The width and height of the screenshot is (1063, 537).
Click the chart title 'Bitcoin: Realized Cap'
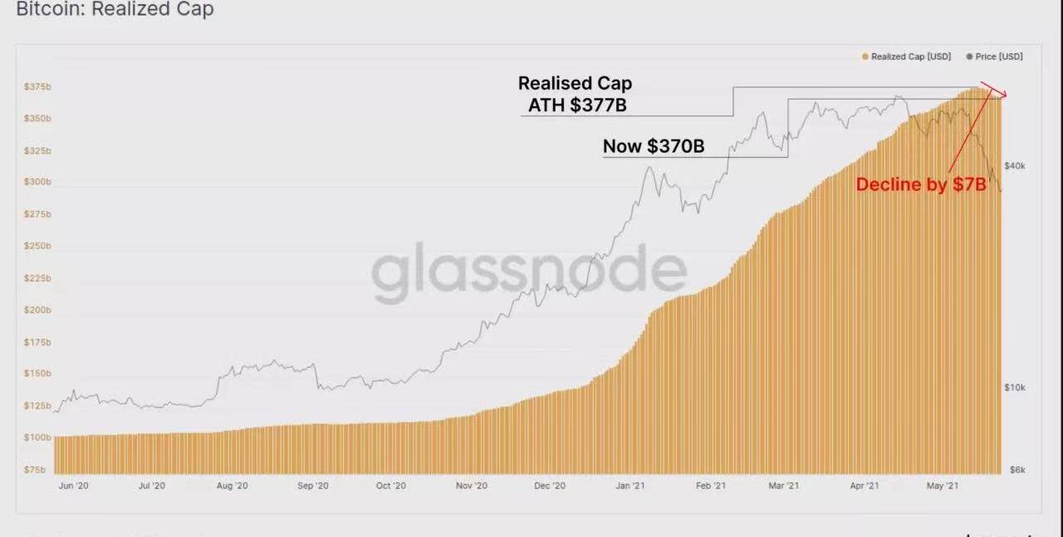tap(115, 10)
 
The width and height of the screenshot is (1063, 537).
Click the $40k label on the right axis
tap(1015, 166)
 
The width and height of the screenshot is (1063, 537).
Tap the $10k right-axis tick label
tap(1015, 388)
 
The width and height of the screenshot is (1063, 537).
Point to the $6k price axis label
tap(1016, 470)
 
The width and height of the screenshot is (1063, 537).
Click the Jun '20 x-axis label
tap(75, 486)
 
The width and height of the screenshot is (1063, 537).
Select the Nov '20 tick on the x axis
tap(471, 486)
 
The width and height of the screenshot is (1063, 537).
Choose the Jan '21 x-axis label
tap(631, 486)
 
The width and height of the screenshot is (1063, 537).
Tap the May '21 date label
tap(942, 486)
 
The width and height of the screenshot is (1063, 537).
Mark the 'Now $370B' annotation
tap(654, 147)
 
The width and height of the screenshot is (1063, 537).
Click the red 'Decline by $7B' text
tap(921, 185)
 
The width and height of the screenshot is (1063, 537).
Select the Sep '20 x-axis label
tap(312, 486)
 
